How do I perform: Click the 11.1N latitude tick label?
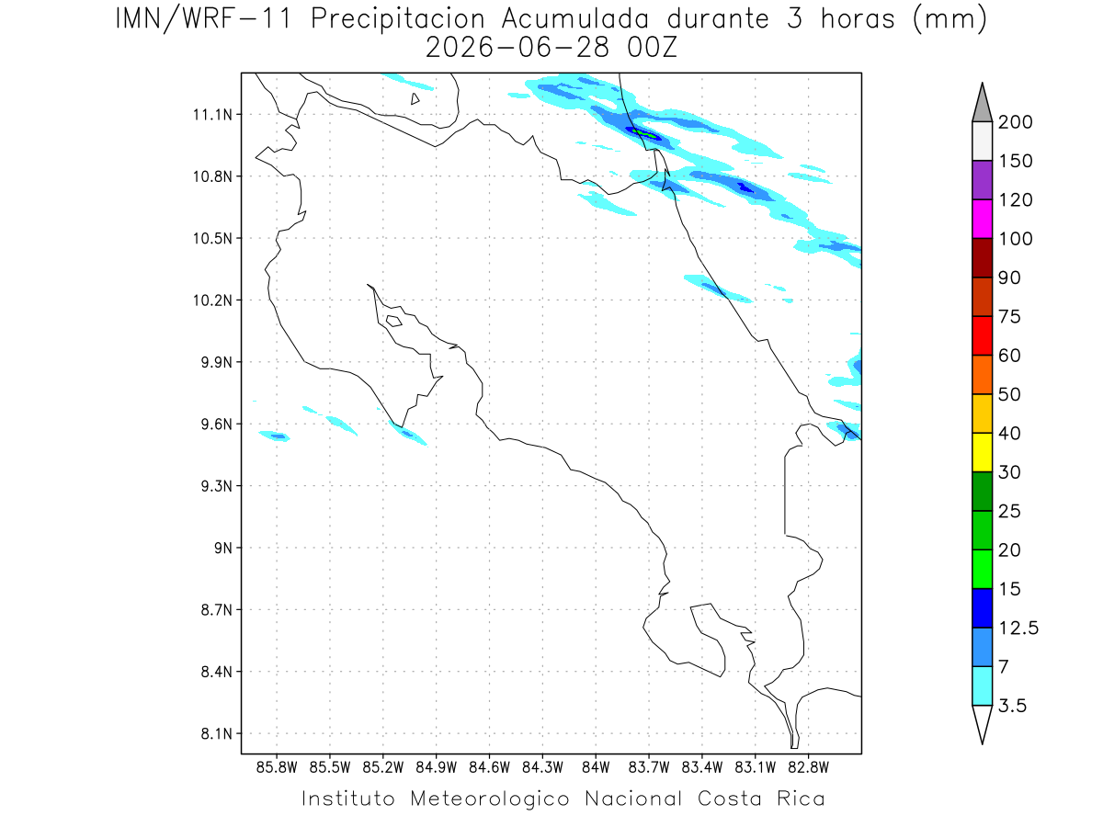coord(212,115)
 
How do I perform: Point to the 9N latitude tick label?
coord(223,548)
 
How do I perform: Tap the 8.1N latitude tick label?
coord(217,733)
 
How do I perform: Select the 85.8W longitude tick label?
coord(277,767)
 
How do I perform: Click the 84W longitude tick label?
coord(596,767)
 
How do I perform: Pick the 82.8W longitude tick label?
coord(808,767)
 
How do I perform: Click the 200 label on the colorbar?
coord(1015,122)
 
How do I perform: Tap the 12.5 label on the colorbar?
coord(1018,628)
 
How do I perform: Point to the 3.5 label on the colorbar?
coord(1012,706)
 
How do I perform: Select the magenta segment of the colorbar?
coord(982,219)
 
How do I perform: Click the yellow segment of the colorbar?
coord(982,452)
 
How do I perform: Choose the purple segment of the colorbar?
coord(982,180)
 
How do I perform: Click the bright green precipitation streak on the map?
coord(643,133)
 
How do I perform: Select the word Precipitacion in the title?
coord(398,19)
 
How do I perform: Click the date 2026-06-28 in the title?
coord(517,48)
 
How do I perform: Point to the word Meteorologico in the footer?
coord(490,799)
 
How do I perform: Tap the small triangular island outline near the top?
coord(415,99)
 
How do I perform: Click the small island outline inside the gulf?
coord(394,321)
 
